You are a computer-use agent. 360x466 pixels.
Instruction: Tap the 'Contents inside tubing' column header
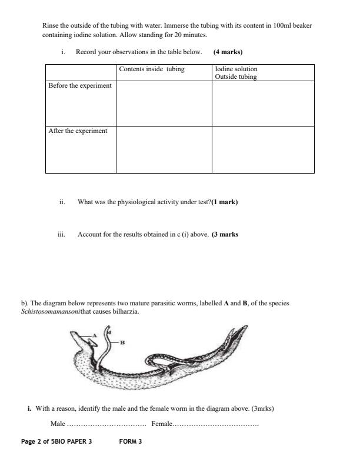click(x=151, y=69)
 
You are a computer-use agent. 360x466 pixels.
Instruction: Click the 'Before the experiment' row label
click(x=79, y=86)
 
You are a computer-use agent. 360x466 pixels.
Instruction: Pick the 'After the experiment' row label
click(x=78, y=131)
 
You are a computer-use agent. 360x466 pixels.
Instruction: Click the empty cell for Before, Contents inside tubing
click(x=164, y=103)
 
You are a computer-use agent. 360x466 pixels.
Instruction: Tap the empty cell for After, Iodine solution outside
click(x=262, y=149)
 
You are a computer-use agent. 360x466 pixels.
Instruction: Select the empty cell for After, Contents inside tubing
click(x=164, y=149)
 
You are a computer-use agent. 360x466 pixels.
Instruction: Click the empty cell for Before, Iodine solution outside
click(x=262, y=103)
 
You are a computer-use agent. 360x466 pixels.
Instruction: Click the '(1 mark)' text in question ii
click(x=225, y=202)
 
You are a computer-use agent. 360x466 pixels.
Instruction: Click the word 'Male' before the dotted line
click(x=58, y=424)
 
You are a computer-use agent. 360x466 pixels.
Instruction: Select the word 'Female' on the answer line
click(x=161, y=424)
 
